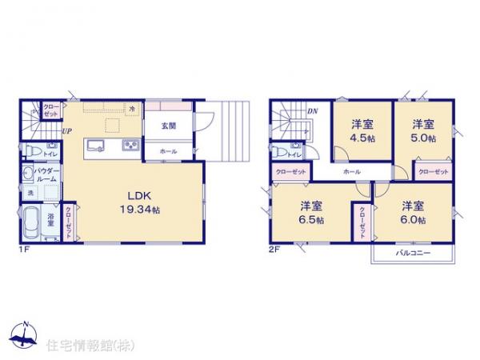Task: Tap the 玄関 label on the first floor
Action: pyautogui.click(x=168, y=126)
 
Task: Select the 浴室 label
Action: pyautogui.click(x=50, y=216)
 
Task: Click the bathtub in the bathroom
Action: pyautogui.click(x=31, y=222)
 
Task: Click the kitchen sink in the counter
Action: pyautogui.click(x=96, y=146)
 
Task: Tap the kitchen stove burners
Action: pyautogui.click(x=130, y=146)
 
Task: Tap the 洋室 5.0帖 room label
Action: pyautogui.click(x=423, y=130)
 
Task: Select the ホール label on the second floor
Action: pyautogui.click(x=350, y=171)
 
